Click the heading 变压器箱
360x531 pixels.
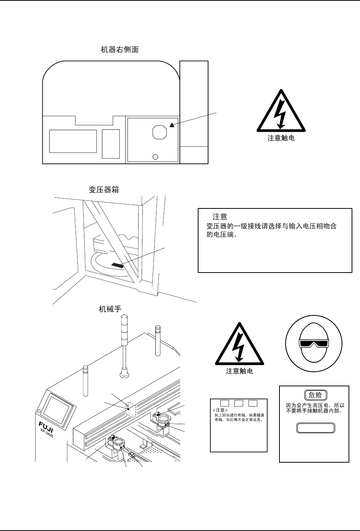click(x=104, y=190)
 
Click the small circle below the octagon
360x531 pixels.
click(x=155, y=157)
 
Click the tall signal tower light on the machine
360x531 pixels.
click(x=124, y=344)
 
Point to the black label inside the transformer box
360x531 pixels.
click(x=117, y=265)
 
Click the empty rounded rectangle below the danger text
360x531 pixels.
click(x=316, y=428)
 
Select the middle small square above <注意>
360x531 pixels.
click(x=239, y=403)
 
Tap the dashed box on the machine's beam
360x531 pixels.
click(x=131, y=409)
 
